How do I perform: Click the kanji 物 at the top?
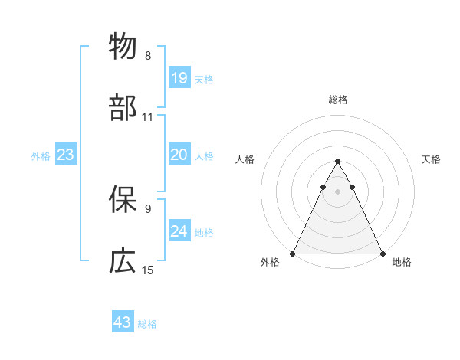click(x=123, y=47)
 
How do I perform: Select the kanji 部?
click(x=123, y=109)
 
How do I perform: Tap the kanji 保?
click(x=123, y=199)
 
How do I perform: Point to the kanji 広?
click(x=123, y=261)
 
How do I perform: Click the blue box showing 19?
click(x=179, y=78)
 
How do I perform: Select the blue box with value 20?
click(x=179, y=155)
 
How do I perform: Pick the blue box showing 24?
click(x=179, y=232)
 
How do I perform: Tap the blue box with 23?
click(x=66, y=155)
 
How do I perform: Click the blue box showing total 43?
click(x=123, y=322)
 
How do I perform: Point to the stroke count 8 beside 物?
click(x=148, y=56)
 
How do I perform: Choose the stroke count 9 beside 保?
click(x=148, y=208)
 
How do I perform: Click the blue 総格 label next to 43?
click(x=147, y=324)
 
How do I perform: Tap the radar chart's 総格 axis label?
click(x=338, y=100)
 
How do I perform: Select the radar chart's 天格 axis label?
click(x=432, y=159)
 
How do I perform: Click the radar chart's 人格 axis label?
click(x=244, y=159)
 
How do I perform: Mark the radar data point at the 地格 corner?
click(x=383, y=254)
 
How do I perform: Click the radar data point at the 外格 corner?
click(x=293, y=254)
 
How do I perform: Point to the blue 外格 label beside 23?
click(x=41, y=156)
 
